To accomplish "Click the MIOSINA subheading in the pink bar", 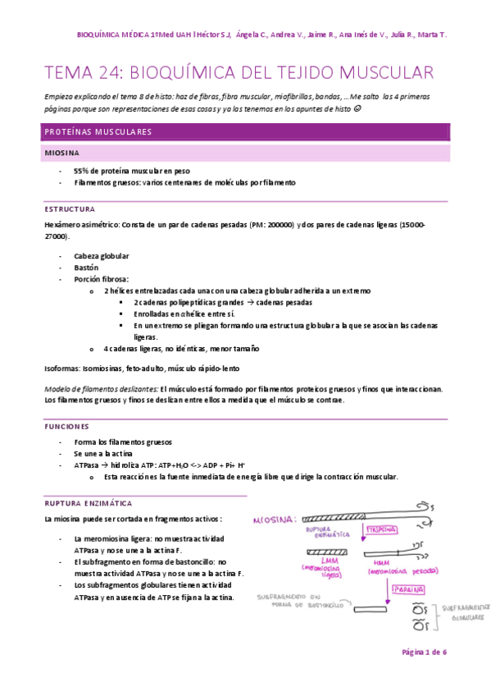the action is pos(62,153).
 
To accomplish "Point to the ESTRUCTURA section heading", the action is pos(70,208).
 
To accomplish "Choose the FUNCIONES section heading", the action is pos(67,427).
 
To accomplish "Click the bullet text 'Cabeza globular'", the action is pos(101,256).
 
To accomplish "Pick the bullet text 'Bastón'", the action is pos(86,267).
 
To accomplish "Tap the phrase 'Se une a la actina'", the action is pos(107,452).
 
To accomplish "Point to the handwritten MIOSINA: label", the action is pos(275,520).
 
